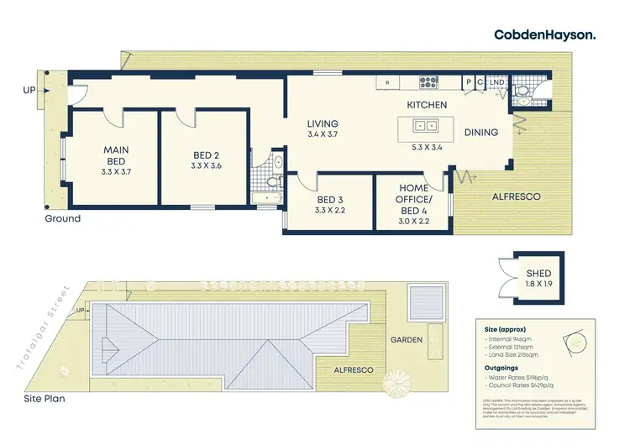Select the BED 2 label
(x=206, y=154)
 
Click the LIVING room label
(x=323, y=123)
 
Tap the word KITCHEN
(x=427, y=105)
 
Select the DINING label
(x=481, y=132)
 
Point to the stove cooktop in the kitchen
(x=429, y=82)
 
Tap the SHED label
(x=538, y=274)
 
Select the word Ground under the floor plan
(x=63, y=218)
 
